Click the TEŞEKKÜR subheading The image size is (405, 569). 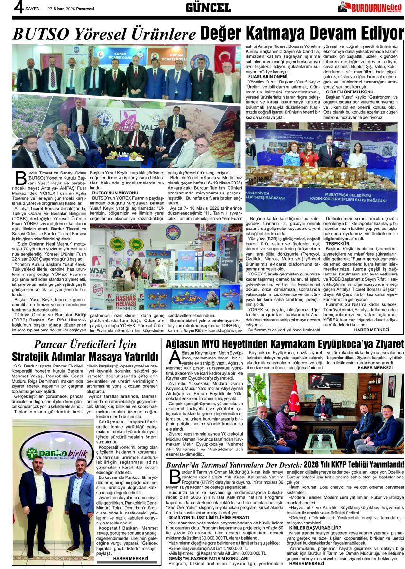point(331,243)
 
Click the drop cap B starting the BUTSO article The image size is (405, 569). point(20,177)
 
